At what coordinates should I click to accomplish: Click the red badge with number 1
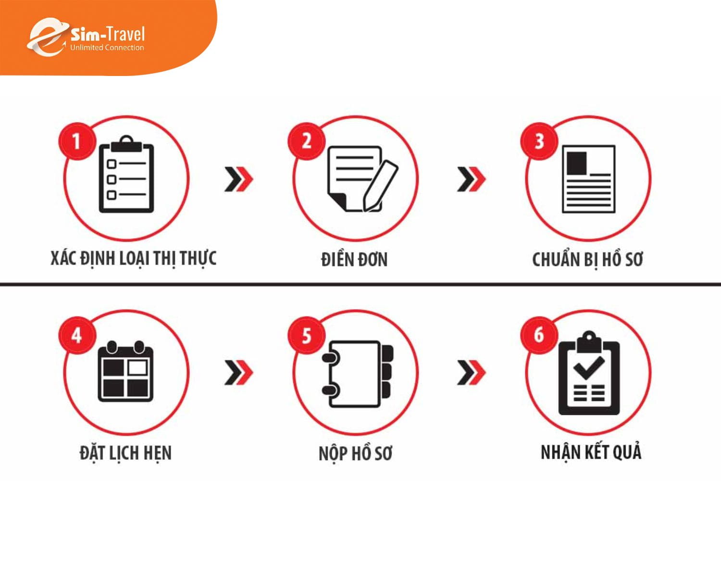pyautogui.click(x=77, y=141)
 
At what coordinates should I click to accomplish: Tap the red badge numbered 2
pyautogui.click(x=306, y=141)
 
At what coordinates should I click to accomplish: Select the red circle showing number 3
pyautogui.click(x=539, y=141)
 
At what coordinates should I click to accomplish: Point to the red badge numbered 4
pyautogui.click(x=77, y=335)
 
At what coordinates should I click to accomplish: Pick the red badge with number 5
pyautogui.click(x=306, y=335)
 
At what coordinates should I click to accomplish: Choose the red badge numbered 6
pyautogui.click(x=539, y=335)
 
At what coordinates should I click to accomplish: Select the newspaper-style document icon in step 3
pyautogui.click(x=589, y=179)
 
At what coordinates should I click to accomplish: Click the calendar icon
pyautogui.click(x=125, y=371)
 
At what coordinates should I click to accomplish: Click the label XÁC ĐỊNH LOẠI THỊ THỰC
pyautogui.click(x=134, y=259)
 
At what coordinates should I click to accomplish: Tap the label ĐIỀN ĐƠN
pyautogui.click(x=354, y=260)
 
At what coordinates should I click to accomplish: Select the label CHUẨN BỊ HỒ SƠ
pyautogui.click(x=587, y=260)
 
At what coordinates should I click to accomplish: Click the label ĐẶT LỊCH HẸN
pyautogui.click(x=125, y=453)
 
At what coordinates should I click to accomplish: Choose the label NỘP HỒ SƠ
pyautogui.click(x=355, y=453)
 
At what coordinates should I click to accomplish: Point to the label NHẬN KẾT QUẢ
pyautogui.click(x=591, y=452)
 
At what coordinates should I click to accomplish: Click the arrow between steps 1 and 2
pyautogui.click(x=239, y=179)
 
